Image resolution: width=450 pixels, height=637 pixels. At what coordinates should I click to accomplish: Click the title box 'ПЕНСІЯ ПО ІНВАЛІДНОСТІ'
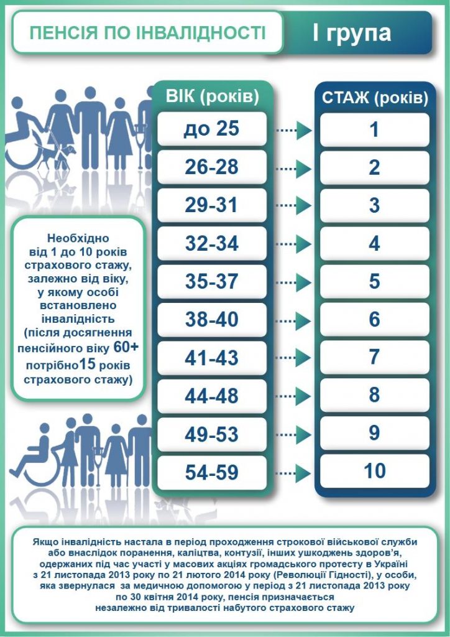coord(148,33)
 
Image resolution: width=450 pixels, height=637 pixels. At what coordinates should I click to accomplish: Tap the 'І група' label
coord(351,33)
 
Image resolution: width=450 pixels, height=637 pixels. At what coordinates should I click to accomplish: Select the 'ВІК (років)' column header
coord(212,96)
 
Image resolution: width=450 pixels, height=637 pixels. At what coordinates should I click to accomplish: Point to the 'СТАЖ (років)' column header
coord(374,98)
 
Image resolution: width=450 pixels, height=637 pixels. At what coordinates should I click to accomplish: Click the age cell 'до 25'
coord(212,129)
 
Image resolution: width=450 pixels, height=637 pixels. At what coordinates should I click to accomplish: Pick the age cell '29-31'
coord(212,205)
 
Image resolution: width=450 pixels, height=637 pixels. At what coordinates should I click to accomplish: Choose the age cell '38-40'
coord(212,319)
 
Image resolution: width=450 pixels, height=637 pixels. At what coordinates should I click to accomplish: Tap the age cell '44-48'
coord(212,395)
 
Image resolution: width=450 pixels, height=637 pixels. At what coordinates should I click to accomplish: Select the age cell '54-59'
coord(212,472)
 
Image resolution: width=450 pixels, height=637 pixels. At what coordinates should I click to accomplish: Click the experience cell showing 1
coord(374,129)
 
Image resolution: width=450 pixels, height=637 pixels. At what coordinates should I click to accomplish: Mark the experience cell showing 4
coord(374,243)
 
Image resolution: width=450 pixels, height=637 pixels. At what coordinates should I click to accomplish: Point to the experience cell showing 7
coord(374,357)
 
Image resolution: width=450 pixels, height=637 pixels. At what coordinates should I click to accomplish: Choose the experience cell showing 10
coord(374,471)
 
